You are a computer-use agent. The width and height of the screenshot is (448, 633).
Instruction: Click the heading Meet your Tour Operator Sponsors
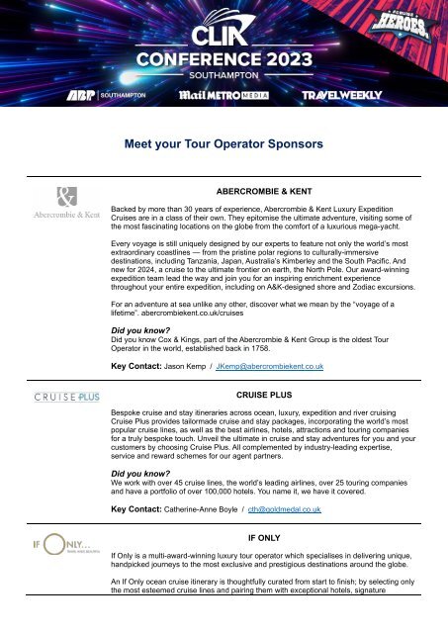[224, 144]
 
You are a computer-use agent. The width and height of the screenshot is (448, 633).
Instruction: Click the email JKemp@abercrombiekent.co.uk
[270, 367]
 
